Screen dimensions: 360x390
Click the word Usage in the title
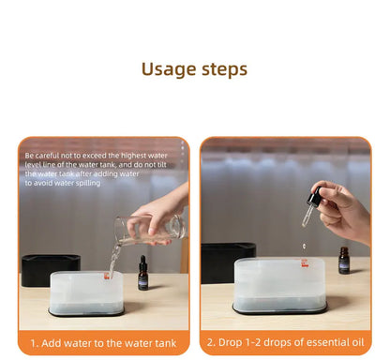[168, 69]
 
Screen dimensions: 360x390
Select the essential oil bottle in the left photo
[143, 274]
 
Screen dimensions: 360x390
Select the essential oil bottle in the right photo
[344, 261]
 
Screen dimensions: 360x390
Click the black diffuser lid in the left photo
[50, 270]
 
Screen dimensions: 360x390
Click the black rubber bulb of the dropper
[313, 198]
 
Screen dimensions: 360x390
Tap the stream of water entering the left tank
[113, 262]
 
